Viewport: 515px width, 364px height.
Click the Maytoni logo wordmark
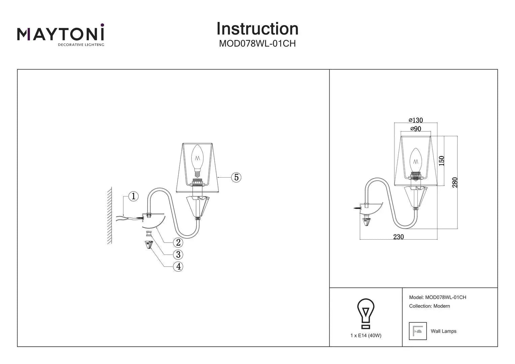pyautogui.click(x=61, y=34)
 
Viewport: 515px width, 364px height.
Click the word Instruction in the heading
pyautogui.click(x=257, y=29)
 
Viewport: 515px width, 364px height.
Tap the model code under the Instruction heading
pyautogui.click(x=257, y=44)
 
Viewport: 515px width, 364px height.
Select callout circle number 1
pyautogui.click(x=133, y=196)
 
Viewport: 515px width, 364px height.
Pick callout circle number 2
pyautogui.click(x=178, y=242)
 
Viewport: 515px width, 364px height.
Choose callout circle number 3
pyautogui.click(x=178, y=254)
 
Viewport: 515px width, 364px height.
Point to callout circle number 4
pyautogui.click(x=178, y=267)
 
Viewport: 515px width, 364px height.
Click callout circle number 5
pyautogui.click(x=236, y=177)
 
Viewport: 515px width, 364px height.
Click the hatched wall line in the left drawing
pyautogui.click(x=110, y=216)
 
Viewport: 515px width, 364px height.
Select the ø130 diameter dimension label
pyautogui.click(x=416, y=120)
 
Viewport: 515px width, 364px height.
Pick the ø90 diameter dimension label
pyautogui.click(x=416, y=129)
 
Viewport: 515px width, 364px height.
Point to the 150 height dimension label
pyautogui.click(x=442, y=160)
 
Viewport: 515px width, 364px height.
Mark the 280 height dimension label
pyautogui.click(x=455, y=182)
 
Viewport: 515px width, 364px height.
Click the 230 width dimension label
pyautogui.click(x=398, y=237)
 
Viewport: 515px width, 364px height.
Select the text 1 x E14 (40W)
pyautogui.click(x=366, y=335)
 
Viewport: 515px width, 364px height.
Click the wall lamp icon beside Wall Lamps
pyautogui.click(x=418, y=331)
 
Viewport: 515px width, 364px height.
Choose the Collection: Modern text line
pyautogui.click(x=429, y=306)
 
